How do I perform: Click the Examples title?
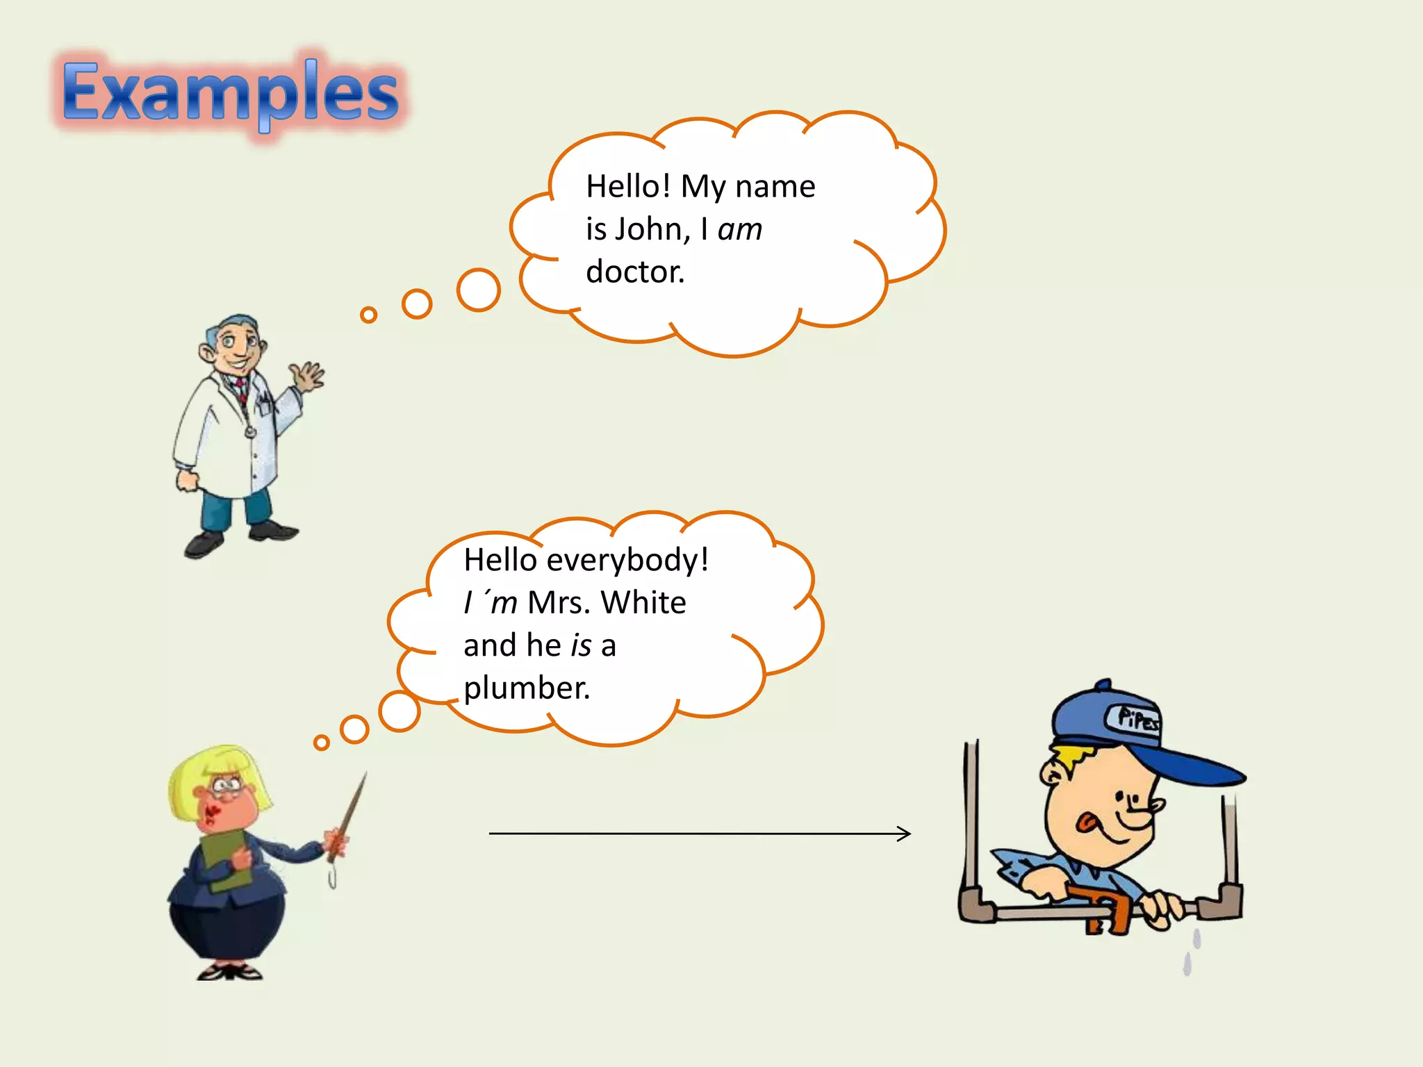(229, 94)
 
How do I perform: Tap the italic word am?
(739, 229)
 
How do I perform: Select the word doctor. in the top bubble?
(634, 272)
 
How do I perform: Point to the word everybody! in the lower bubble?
(627, 560)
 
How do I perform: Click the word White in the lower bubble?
(643, 602)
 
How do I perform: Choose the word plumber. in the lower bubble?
(527, 688)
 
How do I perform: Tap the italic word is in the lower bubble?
(581, 645)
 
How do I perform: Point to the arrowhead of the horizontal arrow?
(905, 833)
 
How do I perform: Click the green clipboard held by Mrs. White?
(226, 861)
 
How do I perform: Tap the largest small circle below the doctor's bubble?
(478, 290)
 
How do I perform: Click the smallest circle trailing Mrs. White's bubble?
(321, 743)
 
